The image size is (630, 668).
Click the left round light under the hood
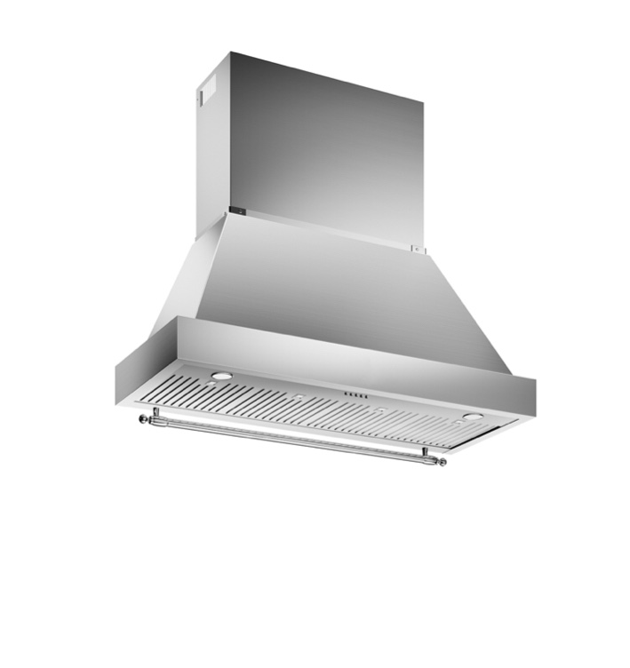click(221, 376)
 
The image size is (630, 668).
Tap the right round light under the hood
click(473, 416)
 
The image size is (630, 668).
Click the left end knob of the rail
click(142, 417)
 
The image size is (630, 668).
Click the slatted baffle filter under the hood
click(338, 409)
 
